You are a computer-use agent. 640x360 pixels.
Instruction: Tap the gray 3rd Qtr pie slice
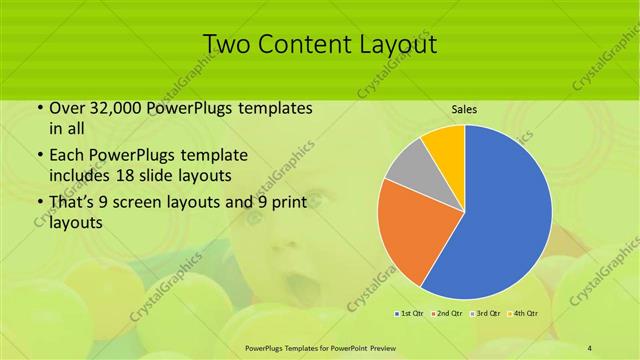[407, 173]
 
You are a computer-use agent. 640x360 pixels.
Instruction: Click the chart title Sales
[463, 109]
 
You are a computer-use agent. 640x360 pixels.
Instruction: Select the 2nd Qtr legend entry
[445, 314]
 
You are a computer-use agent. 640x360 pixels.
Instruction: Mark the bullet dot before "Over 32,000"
[39, 108]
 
